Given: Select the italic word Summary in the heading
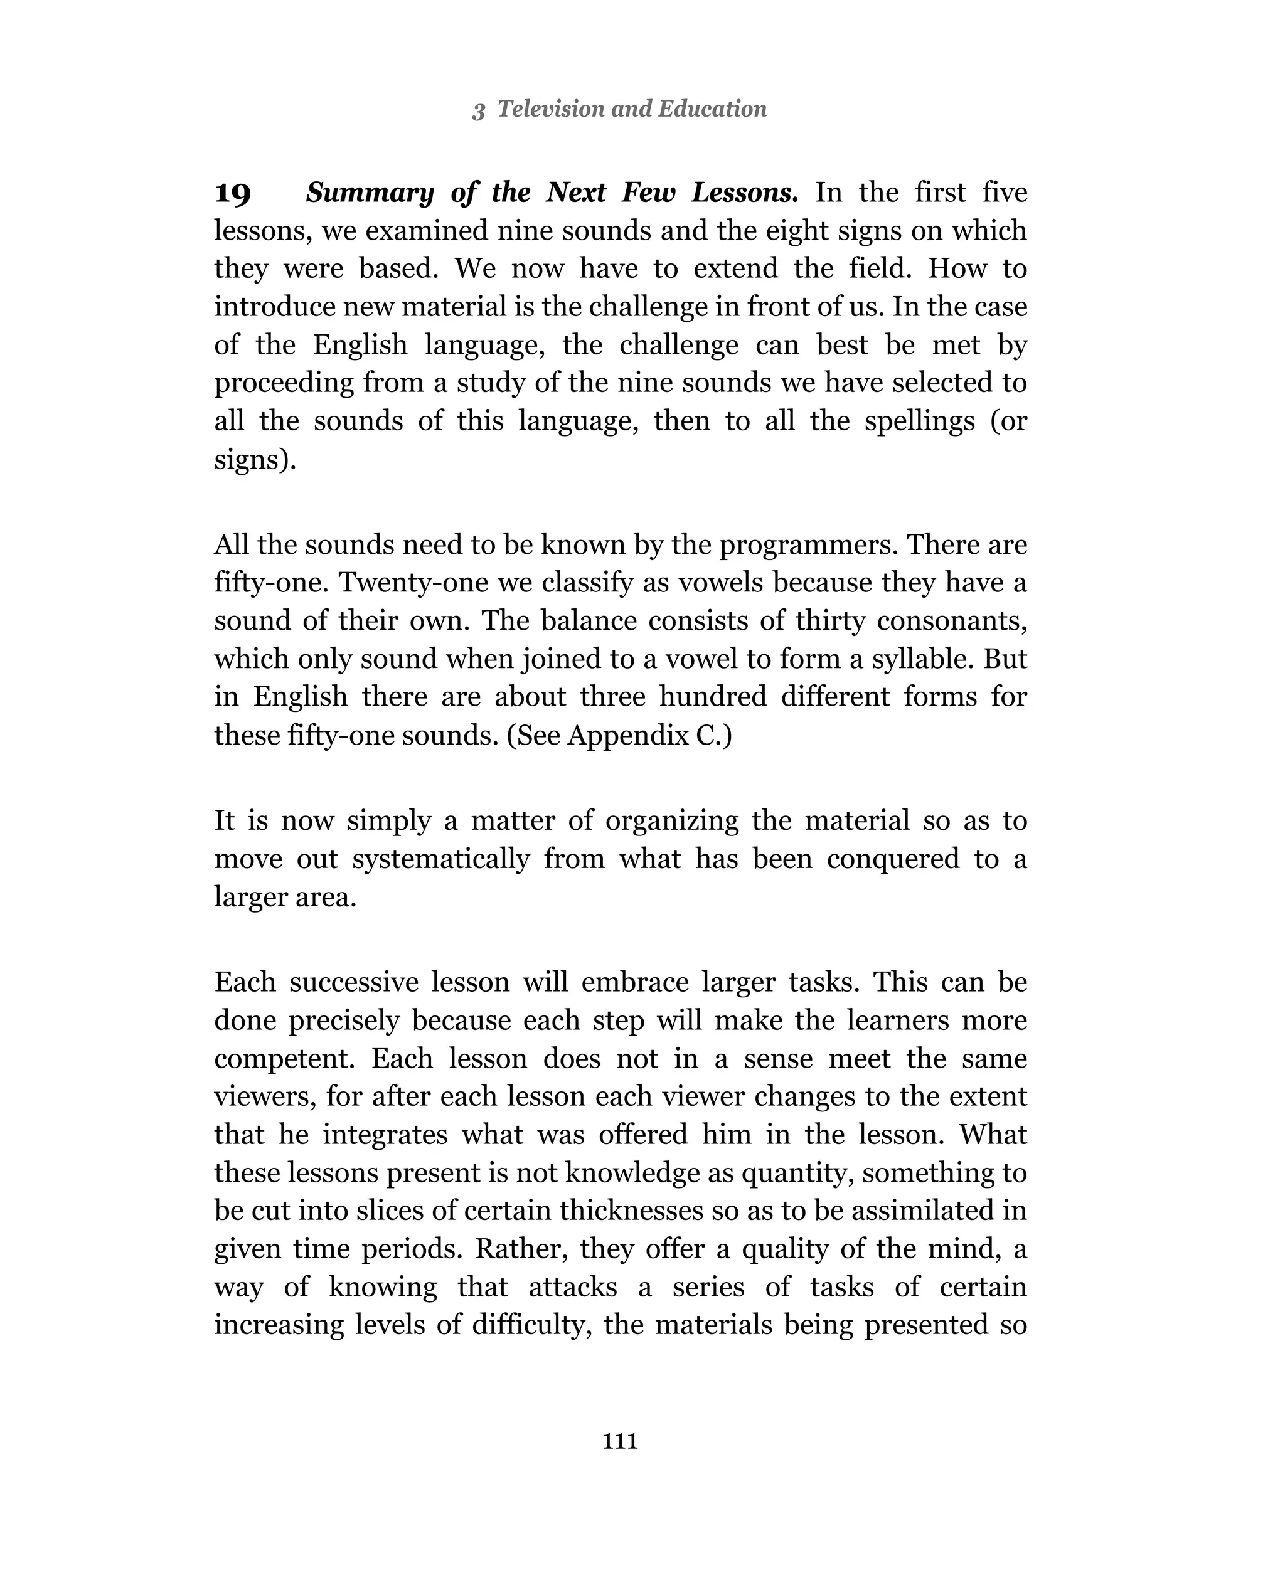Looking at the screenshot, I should [370, 193].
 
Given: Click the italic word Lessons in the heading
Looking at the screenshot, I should [744, 193].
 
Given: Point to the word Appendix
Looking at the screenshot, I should [627, 736].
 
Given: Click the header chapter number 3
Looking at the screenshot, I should [478, 110].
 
